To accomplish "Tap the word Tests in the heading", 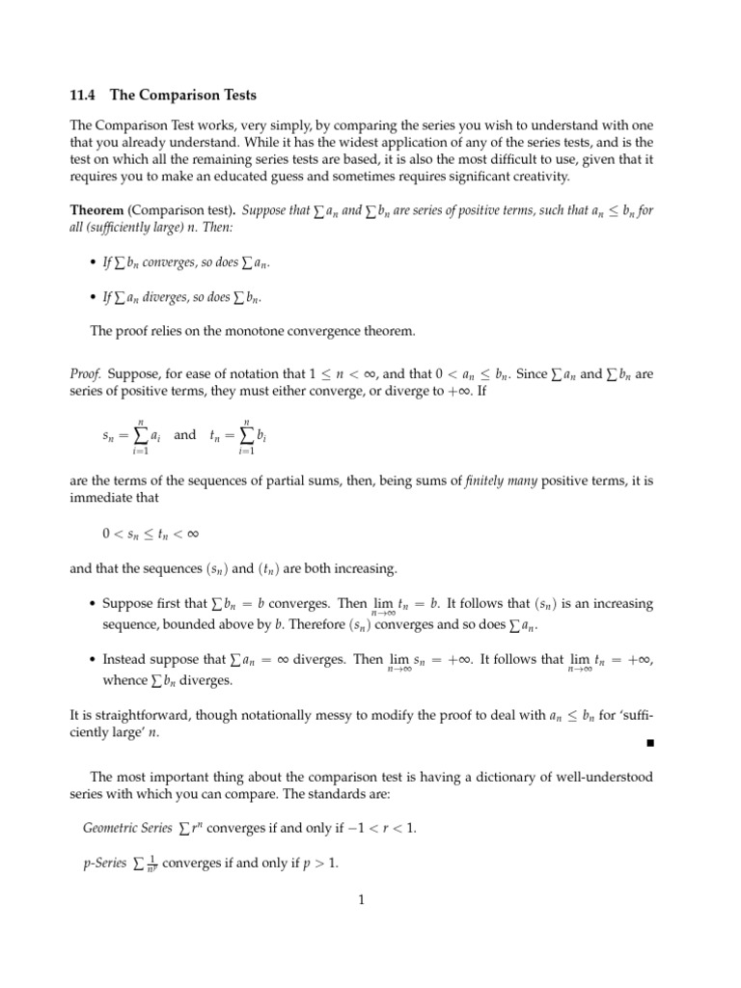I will tap(234, 96).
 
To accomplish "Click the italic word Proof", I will tap(86, 373).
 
